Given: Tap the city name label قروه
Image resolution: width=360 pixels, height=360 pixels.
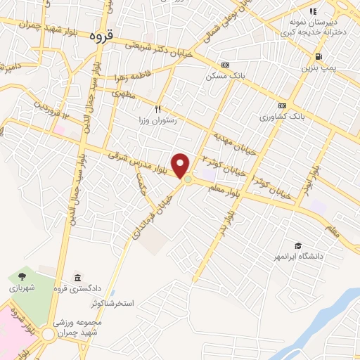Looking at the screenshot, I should (101, 36).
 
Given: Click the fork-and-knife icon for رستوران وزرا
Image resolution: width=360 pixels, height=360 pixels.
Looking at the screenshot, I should (158, 109).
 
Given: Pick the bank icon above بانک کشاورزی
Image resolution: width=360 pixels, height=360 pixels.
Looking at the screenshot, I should (283, 105).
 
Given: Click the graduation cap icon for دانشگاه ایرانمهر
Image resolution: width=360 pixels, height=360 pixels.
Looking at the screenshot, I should (299, 245).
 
